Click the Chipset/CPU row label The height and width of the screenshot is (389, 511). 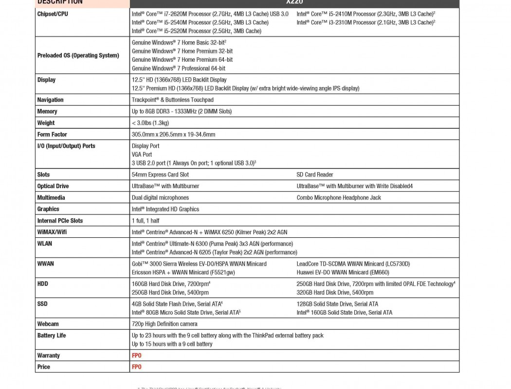[53, 14]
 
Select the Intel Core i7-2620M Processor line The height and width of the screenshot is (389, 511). [210, 14]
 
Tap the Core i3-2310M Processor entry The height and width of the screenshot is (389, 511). [365, 22]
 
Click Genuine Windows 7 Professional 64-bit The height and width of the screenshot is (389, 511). [179, 69]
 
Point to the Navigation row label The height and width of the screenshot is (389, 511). [50, 100]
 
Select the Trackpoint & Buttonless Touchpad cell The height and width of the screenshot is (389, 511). [172, 100]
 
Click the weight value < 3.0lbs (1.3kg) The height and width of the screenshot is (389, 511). [150, 123]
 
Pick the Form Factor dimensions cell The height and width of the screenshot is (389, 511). [173, 135]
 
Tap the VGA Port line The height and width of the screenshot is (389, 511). [142, 155]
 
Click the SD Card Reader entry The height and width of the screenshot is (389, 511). [315, 175]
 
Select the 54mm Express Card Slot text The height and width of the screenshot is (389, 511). [160, 175]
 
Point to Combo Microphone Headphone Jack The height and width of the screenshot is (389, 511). [339, 198]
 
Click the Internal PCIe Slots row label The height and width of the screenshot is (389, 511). [60, 221]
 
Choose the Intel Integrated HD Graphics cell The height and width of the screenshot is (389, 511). [165, 209]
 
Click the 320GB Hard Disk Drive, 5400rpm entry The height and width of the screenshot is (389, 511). [335, 292]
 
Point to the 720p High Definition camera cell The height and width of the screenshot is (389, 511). [164, 324]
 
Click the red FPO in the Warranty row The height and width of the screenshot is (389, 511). [137, 355]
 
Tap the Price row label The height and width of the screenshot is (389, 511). [43, 367]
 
